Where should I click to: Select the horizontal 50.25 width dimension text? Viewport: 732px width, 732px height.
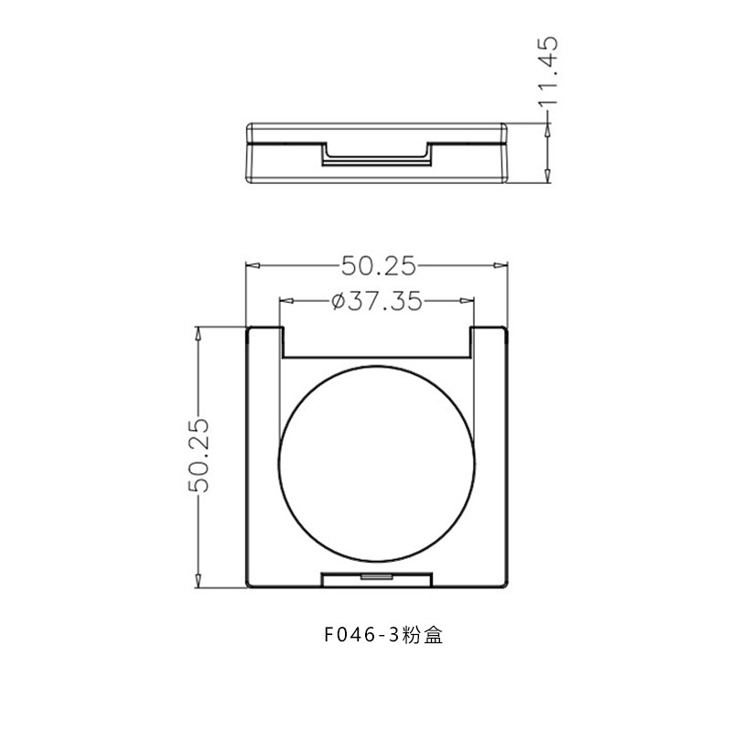(378, 266)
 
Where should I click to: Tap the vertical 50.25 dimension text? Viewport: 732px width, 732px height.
(199, 455)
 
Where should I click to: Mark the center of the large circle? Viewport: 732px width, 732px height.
(378, 461)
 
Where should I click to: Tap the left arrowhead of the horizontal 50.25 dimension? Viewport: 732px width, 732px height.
(253, 266)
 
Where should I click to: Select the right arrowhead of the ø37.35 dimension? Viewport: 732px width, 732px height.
(468, 301)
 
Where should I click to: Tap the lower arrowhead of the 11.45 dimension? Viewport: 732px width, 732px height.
(547, 176)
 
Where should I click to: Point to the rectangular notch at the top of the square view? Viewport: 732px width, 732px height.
(377, 342)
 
